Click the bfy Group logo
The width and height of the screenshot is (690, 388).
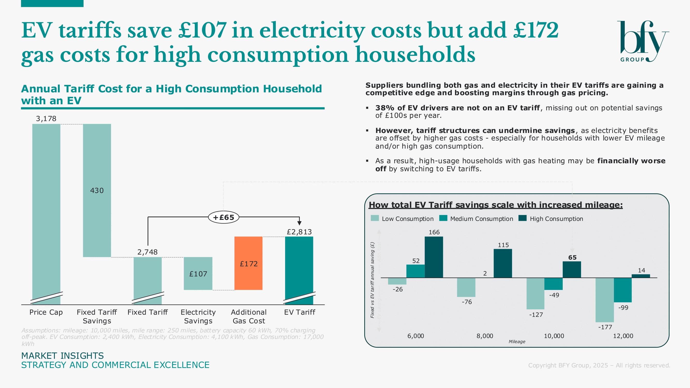tap(643, 41)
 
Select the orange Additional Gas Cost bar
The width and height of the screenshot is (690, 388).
tap(248, 263)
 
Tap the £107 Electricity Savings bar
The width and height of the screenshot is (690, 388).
tap(198, 273)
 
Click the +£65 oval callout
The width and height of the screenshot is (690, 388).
tap(223, 217)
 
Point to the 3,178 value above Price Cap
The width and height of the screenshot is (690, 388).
tap(46, 119)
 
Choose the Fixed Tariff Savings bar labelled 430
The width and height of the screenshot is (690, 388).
tap(97, 190)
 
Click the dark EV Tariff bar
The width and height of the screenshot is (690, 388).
tap(299, 268)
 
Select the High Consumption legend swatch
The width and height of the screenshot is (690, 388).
tap(522, 218)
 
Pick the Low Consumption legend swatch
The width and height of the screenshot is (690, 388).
tap(375, 218)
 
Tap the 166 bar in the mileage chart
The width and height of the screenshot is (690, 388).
tap(434, 257)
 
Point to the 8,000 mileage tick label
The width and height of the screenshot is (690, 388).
tap(485, 336)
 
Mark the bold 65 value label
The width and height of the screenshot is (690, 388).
tap(572, 257)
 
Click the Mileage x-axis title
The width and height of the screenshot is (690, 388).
tap(517, 342)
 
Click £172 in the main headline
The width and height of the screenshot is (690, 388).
tap(536, 31)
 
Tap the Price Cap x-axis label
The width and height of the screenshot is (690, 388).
tap(46, 312)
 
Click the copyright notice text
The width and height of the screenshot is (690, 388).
tap(599, 365)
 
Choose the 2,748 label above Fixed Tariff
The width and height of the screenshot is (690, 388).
tap(147, 252)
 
